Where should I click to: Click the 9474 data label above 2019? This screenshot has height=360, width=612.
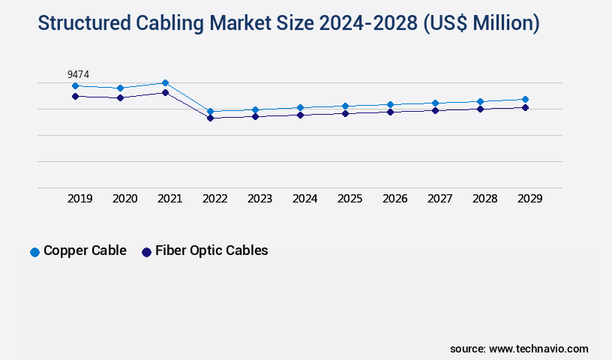[79, 73]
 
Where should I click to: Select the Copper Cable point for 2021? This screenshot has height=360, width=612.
[165, 82]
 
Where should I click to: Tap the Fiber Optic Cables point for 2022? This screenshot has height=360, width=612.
[210, 118]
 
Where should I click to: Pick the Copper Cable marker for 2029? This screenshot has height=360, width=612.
[525, 99]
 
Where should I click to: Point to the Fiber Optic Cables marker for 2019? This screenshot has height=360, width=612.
[75, 96]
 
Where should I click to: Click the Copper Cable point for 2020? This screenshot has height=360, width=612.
[120, 88]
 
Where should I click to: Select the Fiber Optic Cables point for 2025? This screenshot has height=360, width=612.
[345, 113]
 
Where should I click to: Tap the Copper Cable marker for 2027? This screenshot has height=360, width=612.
[435, 103]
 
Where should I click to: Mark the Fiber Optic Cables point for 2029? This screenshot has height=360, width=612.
[525, 107]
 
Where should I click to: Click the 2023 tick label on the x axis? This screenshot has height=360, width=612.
[259, 199]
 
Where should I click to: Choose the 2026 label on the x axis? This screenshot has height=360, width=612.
[394, 199]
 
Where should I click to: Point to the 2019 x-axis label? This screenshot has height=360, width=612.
[79, 199]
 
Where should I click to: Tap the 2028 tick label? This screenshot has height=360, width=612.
[484, 199]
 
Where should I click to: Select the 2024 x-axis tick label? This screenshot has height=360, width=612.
[304, 199]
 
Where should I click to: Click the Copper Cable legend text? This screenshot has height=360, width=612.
[85, 250]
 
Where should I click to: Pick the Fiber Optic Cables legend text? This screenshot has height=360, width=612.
[211, 250]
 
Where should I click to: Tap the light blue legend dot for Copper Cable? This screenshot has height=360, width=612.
[34, 252]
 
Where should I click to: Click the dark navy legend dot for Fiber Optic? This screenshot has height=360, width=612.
[146, 252]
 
